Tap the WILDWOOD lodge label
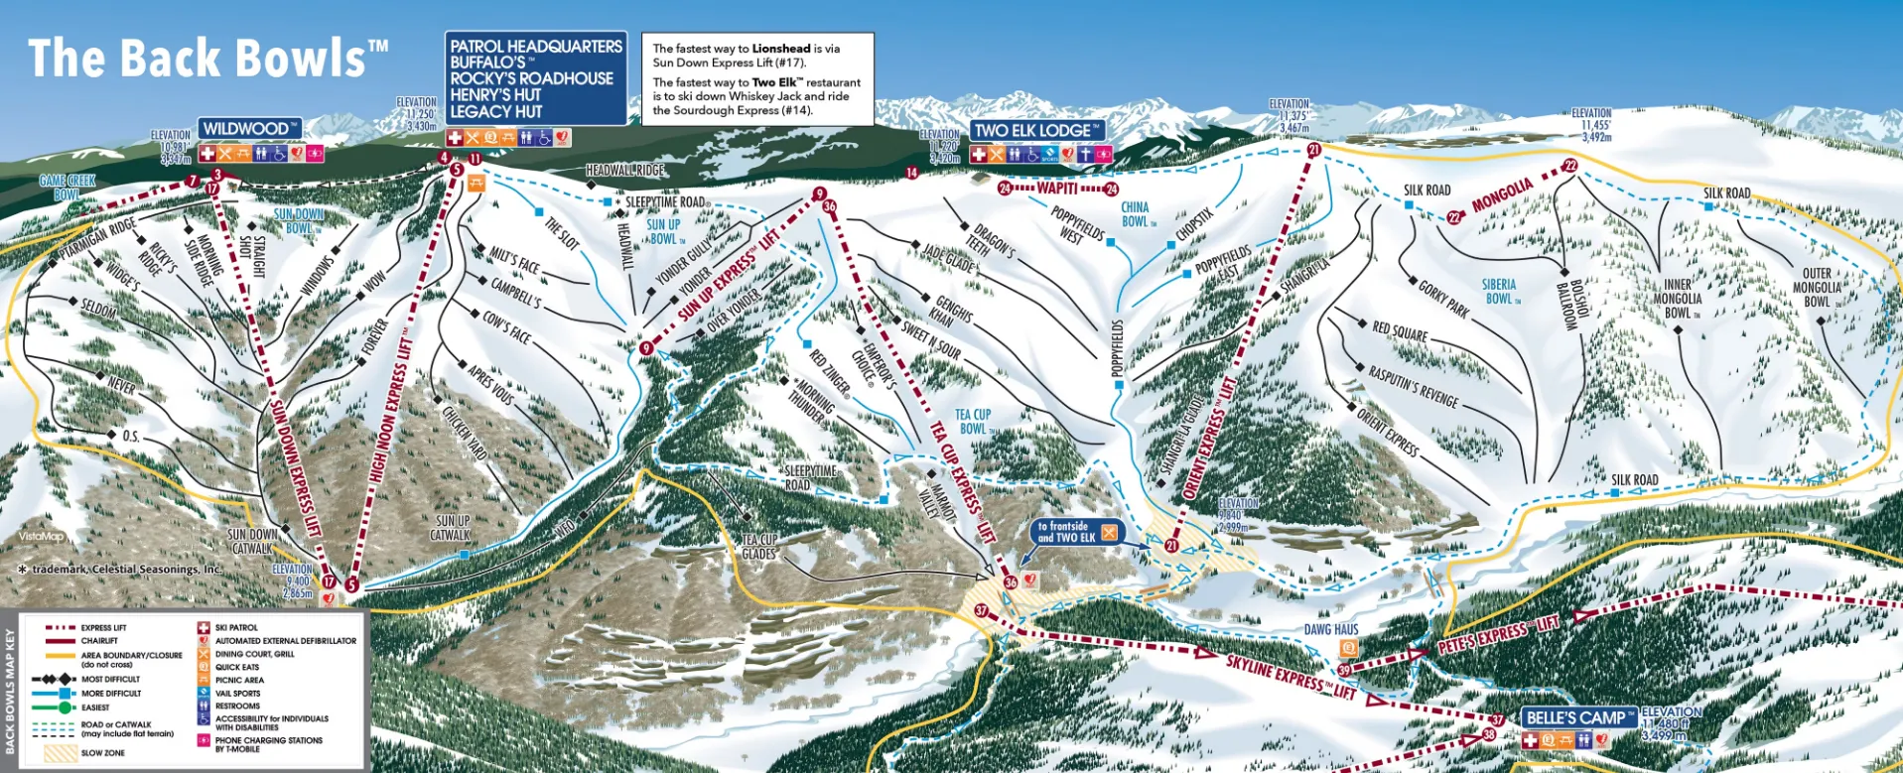point(249,129)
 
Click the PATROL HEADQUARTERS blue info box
point(535,78)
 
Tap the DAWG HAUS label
point(1331,630)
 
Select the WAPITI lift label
point(1057,189)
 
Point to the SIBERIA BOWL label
point(1499,292)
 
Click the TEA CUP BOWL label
point(973,422)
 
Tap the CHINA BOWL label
point(1135,214)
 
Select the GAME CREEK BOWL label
point(67,187)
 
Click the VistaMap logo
point(41,537)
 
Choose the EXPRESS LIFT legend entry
point(103,628)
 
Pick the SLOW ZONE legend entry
point(102,753)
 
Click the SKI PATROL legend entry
point(236,628)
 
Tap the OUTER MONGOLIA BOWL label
point(1817,288)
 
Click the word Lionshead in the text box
point(780,49)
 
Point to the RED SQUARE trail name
point(1400,331)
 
